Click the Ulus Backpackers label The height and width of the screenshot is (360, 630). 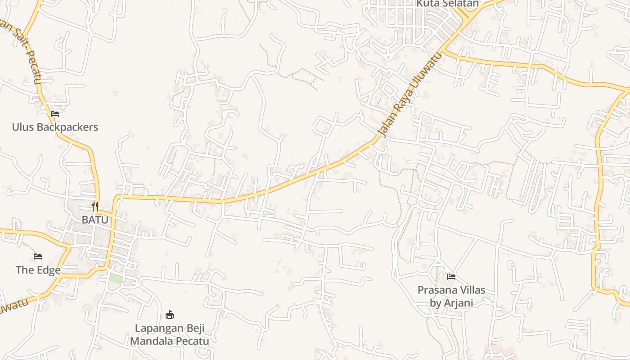pos(55,127)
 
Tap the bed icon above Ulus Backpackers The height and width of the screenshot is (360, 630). pos(55,113)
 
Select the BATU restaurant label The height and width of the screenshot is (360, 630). pos(95,220)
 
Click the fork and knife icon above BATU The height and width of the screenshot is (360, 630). pos(95,207)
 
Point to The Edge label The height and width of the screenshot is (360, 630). pos(38,270)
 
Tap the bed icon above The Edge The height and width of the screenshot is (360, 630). pos(38,256)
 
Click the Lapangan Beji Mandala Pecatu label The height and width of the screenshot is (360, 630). pos(170,334)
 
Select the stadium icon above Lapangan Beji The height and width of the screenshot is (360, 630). pos(170,315)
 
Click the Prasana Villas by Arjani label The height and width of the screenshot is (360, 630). pos(451,296)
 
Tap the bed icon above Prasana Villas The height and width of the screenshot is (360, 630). pos(451,276)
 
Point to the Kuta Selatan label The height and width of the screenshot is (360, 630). pos(447,4)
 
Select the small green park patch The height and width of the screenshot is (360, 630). pos(116,279)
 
